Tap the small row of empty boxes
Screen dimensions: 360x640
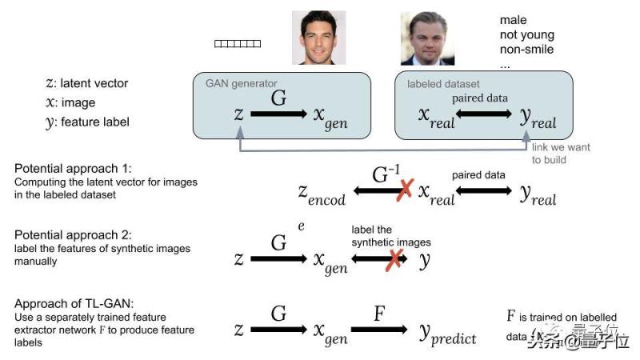[238, 44]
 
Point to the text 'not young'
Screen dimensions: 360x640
[526, 34]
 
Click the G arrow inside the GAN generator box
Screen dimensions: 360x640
[278, 114]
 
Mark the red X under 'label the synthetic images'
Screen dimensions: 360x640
[393, 258]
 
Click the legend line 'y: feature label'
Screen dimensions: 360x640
[87, 121]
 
